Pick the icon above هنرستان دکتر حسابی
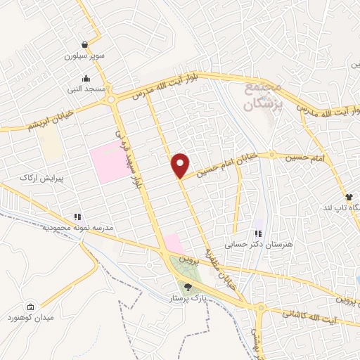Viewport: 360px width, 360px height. click(258, 233)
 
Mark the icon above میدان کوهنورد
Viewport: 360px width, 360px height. click(30, 307)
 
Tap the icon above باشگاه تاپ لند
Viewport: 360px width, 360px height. click(347, 197)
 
